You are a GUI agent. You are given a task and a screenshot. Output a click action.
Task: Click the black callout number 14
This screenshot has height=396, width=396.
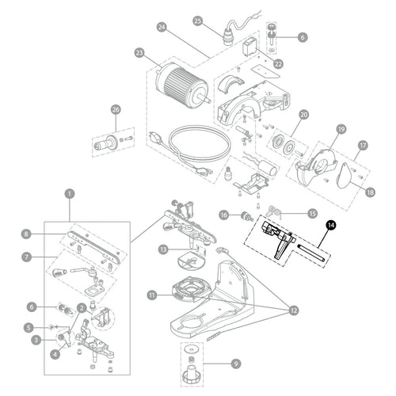(331, 225)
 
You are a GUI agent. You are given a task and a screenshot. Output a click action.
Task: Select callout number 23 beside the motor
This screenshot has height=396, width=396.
(139, 53)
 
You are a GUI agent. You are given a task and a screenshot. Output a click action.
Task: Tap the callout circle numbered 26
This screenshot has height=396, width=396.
(116, 109)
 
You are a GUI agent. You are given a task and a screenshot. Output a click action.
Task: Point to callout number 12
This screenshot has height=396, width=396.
(294, 310)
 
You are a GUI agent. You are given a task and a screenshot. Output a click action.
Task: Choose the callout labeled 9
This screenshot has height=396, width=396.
(236, 364)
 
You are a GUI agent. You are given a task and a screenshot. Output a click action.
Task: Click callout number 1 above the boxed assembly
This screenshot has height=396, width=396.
(70, 194)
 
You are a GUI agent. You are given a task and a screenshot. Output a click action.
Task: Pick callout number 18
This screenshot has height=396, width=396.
(370, 192)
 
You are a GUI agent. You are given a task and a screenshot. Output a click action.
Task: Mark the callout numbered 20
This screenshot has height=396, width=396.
(303, 115)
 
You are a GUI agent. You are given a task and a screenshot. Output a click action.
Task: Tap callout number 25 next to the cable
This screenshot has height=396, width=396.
(198, 21)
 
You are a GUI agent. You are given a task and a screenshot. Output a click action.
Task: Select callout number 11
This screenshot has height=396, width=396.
(152, 295)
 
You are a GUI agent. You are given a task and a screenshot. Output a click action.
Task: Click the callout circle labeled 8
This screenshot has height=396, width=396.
(26, 234)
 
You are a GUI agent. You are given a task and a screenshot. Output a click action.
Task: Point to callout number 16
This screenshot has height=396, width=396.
(224, 215)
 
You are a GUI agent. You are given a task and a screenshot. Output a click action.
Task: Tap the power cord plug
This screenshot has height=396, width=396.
(155, 137)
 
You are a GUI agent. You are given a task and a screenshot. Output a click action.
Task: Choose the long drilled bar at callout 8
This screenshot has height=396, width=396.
(94, 247)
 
